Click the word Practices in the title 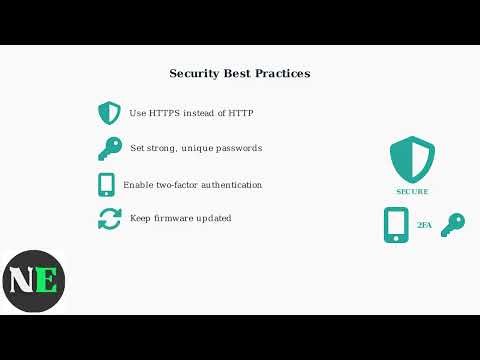pyautogui.click(x=284, y=74)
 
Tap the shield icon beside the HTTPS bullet pyautogui.click(x=109, y=113)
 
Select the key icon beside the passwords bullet pyautogui.click(x=109, y=149)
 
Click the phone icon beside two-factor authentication pyautogui.click(x=107, y=185)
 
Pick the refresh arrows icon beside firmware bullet pyautogui.click(x=109, y=219)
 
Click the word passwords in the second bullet pyautogui.click(x=239, y=148)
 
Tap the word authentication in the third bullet pyautogui.click(x=227, y=185)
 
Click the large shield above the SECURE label pyautogui.click(x=412, y=157)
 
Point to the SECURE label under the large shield pyautogui.click(x=412, y=191)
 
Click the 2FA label pyautogui.click(x=424, y=227)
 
